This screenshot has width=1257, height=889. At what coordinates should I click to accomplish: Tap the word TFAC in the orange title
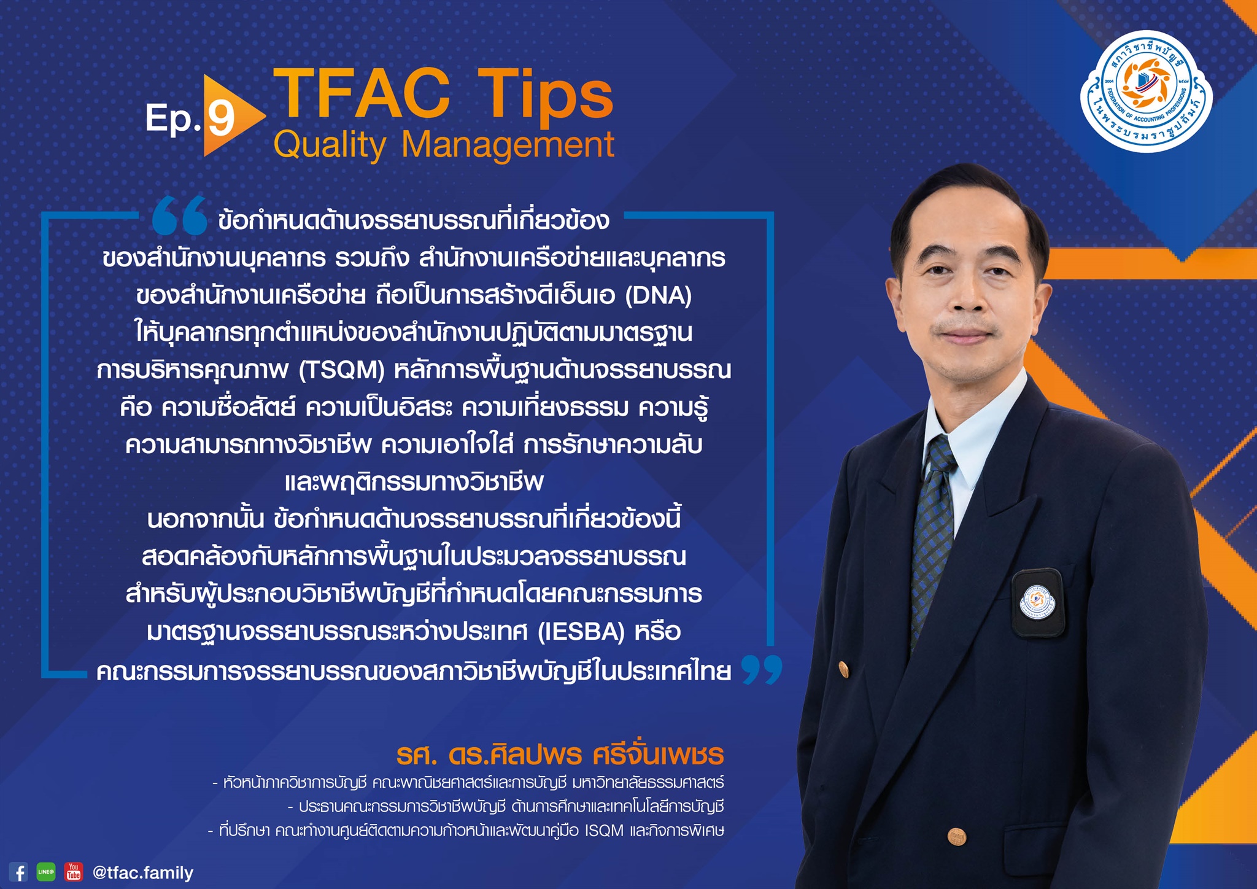[x=362, y=93]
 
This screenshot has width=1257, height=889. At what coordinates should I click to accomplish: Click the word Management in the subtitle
[x=508, y=145]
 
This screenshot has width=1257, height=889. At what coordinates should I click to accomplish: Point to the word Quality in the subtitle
[x=330, y=146]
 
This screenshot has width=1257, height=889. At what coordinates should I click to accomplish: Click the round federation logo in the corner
[x=1146, y=90]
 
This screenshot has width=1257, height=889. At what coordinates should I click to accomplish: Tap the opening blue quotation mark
[x=179, y=215]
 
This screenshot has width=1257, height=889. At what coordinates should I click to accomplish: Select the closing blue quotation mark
[x=762, y=669]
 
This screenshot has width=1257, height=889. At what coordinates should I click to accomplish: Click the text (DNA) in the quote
[x=659, y=295]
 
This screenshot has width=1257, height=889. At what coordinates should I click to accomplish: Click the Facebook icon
[x=18, y=872]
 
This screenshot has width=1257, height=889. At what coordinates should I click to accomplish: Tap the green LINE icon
[x=46, y=872]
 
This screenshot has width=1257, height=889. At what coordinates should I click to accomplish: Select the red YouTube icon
[x=74, y=872]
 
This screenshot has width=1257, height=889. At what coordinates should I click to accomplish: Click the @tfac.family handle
[x=143, y=872]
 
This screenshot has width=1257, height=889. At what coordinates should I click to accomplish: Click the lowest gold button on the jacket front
[x=956, y=836]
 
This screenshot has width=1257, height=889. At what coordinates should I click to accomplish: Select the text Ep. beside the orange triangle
[x=173, y=118]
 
